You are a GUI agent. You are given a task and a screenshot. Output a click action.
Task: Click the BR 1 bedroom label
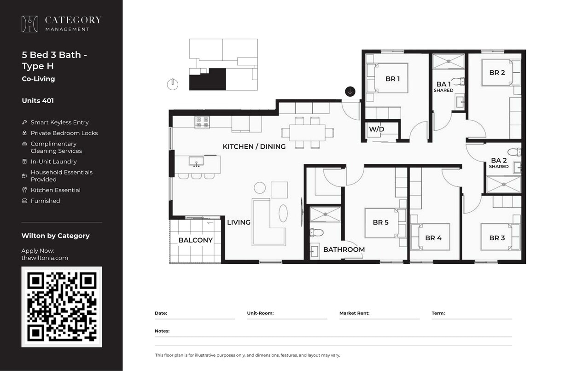click(x=392, y=79)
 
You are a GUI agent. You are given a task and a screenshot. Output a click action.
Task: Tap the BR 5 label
click(x=380, y=222)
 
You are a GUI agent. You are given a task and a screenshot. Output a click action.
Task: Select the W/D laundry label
click(x=376, y=129)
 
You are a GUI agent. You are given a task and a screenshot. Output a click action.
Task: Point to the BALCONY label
click(x=195, y=240)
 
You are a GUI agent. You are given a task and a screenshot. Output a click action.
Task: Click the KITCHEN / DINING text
click(x=254, y=146)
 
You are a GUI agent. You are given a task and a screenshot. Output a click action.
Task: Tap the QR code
click(x=62, y=307)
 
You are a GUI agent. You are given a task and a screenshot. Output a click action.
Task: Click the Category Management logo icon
click(x=30, y=24)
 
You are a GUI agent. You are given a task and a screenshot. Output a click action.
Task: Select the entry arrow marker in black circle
click(x=350, y=91)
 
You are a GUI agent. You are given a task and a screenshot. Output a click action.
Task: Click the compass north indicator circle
click(x=172, y=84)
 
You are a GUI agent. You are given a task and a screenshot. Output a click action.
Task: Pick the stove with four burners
click(x=202, y=122)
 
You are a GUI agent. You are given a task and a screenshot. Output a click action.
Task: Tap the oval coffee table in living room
click(x=283, y=213)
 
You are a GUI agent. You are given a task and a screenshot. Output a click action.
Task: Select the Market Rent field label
click(x=354, y=313)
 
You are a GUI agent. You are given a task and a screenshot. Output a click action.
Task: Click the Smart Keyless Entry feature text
click(x=59, y=122)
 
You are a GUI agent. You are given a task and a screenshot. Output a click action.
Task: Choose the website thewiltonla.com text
click(x=45, y=258)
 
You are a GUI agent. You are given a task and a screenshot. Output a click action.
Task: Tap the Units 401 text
click(x=38, y=100)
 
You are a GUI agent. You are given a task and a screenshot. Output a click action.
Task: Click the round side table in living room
click(x=260, y=187)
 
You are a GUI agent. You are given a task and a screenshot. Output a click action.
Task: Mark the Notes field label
click(x=162, y=331)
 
